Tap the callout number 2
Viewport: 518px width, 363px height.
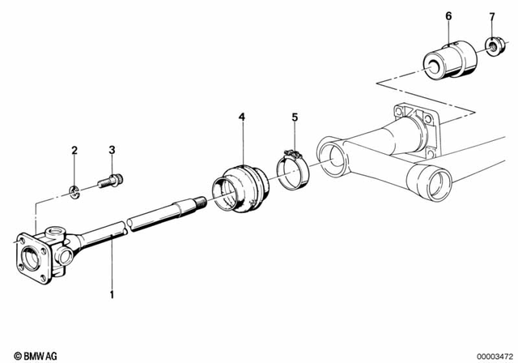point(74,151)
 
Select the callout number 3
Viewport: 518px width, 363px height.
point(113,150)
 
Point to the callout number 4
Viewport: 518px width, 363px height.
point(241,117)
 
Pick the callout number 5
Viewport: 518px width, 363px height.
point(295,117)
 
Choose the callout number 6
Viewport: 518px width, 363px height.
point(448,15)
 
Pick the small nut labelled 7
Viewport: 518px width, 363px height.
point(490,45)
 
